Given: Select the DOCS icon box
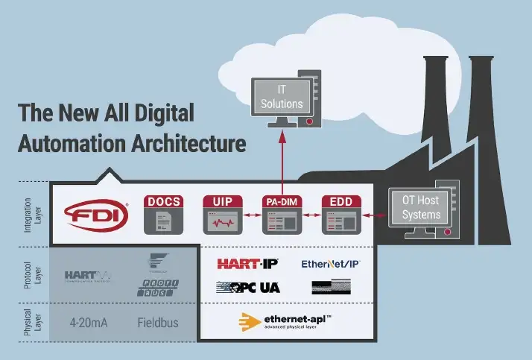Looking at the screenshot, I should click(x=164, y=215).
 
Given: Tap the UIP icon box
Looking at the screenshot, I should click(x=224, y=215).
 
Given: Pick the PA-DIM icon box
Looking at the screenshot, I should click(x=282, y=215).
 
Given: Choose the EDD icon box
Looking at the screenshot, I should click(x=341, y=215).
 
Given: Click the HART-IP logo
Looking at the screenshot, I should click(x=247, y=264).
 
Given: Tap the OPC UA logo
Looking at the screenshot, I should click(x=247, y=287).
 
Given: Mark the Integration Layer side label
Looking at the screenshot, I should click(x=29, y=212).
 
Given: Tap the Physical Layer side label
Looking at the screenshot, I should click(x=29, y=322).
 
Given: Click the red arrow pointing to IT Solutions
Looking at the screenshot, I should click(x=282, y=160).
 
